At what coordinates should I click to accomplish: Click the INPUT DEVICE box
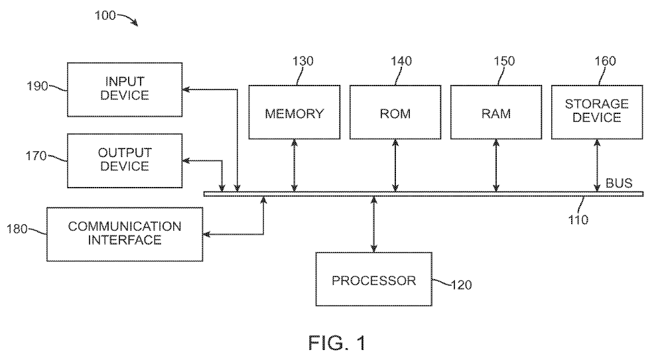click(x=125, y=89)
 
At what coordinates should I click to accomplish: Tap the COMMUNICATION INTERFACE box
click(x=125, y=233)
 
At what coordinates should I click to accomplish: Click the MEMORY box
click(x=294, y=112)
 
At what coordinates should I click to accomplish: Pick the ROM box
click(x=395, y=112)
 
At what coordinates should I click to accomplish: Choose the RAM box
click(x=495, y=112)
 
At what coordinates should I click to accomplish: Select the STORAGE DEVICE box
click(x=596, y=112)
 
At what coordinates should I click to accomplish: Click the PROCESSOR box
click(x=373, y=279)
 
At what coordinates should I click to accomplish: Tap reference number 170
click(x=38, y=156)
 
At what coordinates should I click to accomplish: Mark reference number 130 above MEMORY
click(x=302, y=62)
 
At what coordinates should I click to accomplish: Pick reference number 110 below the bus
click(x=577, y=219)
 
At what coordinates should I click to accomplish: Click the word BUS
click(x=620, y=182)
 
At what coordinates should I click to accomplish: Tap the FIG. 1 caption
click(x=337, y=343)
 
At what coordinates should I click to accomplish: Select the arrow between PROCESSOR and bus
click(x=374, y=224)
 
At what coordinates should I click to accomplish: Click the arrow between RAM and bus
click(x=495, y=165)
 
